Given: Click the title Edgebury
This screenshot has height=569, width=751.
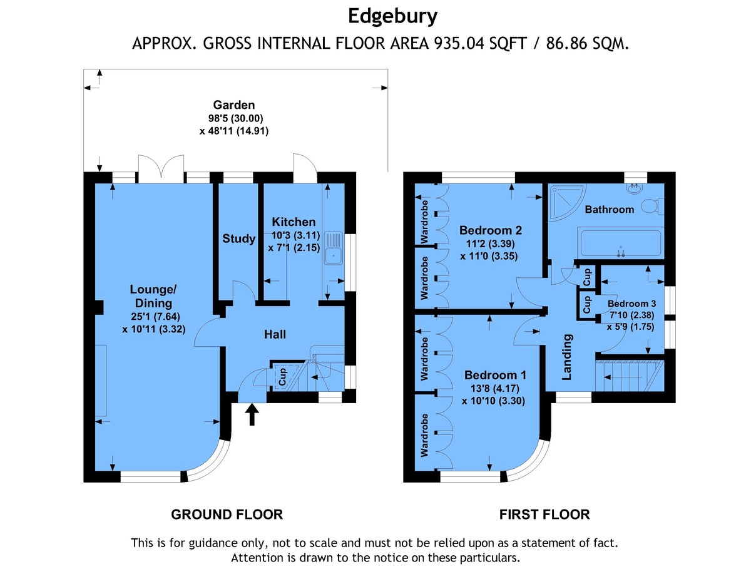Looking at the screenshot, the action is click(392, 17).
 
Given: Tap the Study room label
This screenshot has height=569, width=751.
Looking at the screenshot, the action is click(238, 238).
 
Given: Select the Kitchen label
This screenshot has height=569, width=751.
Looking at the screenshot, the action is click(294, 222).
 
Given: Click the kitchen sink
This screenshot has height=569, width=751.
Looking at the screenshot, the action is click(333, 248).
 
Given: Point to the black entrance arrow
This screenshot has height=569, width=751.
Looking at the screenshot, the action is click(252, 414).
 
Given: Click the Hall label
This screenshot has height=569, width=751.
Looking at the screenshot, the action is click(275, 334).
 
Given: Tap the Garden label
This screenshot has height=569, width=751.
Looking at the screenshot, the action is click(233, 105).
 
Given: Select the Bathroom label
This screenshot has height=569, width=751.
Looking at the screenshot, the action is click(610, 210).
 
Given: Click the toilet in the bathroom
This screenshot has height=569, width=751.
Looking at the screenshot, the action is click(652, 207).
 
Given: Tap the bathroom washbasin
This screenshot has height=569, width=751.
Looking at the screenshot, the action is click(635, 188).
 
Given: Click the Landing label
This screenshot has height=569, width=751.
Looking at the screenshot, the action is click(567, 357).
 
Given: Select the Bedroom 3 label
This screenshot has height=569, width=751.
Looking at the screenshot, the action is click(631, 304).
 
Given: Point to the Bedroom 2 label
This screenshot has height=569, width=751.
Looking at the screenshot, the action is click(490, 230).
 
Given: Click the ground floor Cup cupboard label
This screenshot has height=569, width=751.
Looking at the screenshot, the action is click(282, 376).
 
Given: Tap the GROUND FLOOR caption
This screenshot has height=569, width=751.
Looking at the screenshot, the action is click(227, 515).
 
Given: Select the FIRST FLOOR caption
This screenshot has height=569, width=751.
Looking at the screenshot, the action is click(544, 515).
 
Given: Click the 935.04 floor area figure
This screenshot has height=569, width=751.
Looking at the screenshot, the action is click(459, 43).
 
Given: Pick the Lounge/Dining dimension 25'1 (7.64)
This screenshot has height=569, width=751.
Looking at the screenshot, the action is click(155, 316).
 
